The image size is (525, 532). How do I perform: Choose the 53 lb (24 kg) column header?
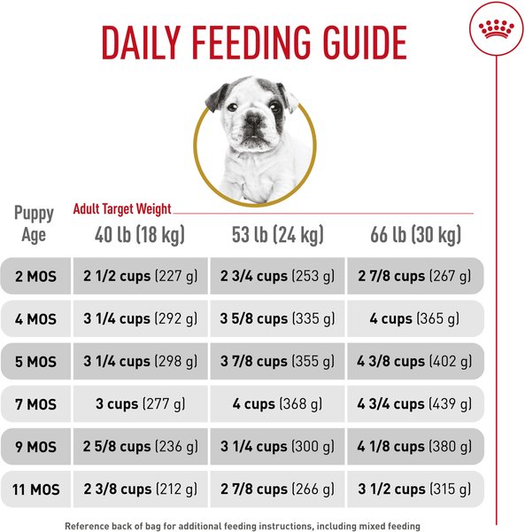click(x=278, y=235)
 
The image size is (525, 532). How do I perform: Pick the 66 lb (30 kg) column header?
click(x=415, y=235)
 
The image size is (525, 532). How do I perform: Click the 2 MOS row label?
click(x=35, y=276)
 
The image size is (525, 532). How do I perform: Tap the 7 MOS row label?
click(x=35, y=403)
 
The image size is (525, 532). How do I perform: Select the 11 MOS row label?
click(x=35, y=489)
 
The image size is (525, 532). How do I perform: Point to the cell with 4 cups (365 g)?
click(x=415, y=318)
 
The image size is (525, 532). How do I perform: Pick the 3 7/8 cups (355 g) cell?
click(x=278, y=361)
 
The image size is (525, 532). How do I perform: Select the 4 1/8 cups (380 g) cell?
click(x=415, y=446)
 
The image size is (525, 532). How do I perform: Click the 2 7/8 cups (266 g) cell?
click(x=278, y=489)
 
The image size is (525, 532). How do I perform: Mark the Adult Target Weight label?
click(x=122, y=210)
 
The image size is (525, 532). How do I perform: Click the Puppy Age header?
click(x=34, y=224)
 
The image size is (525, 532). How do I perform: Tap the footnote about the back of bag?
click(x=241, y=526)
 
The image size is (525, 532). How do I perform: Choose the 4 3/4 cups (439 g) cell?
click(x=415, y=403)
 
